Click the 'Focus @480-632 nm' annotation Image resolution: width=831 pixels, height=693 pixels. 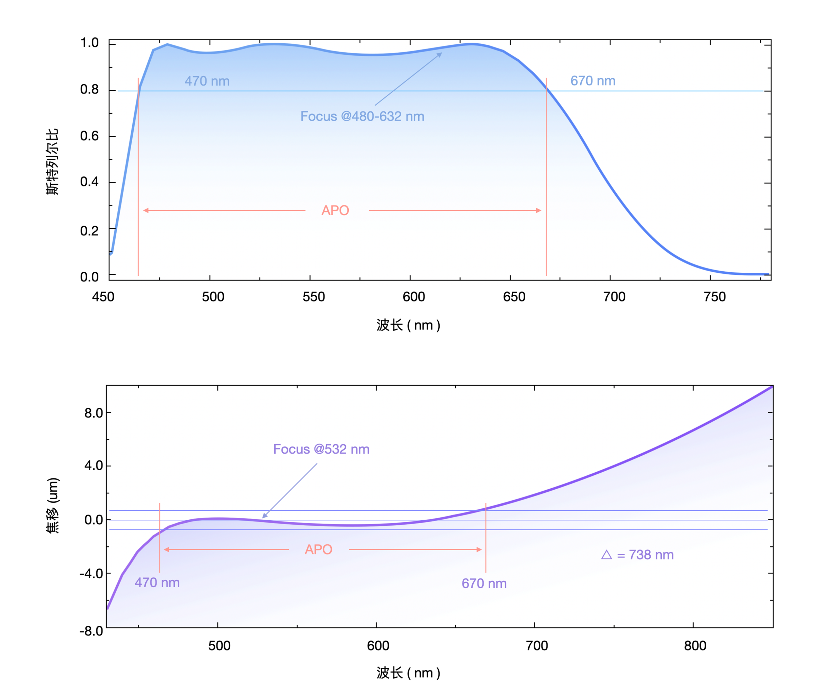click(x=362, y=116)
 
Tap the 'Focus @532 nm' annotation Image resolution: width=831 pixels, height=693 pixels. click(x=321, y=449)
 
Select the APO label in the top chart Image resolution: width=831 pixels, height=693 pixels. click(x=335, y=210)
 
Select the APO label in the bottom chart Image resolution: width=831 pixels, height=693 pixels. click(x=319, y=549)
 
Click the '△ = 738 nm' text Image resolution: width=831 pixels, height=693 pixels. click(x=637, y=555)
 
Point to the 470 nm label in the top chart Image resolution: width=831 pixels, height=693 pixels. click(x=207, y=81)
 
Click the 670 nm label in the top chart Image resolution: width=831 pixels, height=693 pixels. click(x=593, y=81)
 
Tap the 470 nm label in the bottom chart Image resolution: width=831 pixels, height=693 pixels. click(x=157, y=582)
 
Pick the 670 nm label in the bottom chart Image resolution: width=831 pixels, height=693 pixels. click(x=484, y=583)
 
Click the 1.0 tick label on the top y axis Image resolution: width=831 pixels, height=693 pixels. click(x=89, y=43)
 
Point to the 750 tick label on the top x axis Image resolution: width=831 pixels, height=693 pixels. click(x=715, y=297)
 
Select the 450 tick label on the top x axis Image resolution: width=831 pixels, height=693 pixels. click(x=103, y=297)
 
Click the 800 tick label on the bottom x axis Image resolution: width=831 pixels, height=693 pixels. click(x=695, y=646)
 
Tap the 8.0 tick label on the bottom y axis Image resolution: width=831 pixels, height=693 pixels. click(x=93, y=413)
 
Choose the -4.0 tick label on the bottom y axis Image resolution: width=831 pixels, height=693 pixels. click(x=91, y=573)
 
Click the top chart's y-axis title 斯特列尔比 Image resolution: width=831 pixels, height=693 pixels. click(x=52, y=161)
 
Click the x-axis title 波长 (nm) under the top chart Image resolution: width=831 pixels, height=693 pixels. click(x=408, y=325)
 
